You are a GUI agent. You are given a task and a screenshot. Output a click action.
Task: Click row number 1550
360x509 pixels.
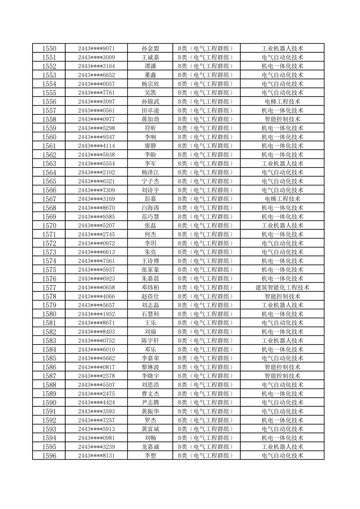point(49,49)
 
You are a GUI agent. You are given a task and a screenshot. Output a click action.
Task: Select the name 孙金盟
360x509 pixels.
point(150,49)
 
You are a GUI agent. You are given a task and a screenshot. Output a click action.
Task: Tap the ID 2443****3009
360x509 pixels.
point(96,58)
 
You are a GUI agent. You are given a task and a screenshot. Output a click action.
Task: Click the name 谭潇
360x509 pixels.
point(150,66)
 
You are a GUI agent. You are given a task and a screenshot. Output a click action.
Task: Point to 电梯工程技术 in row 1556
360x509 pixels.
point(282,102)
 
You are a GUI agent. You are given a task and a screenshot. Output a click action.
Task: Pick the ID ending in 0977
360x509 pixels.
point(96,119)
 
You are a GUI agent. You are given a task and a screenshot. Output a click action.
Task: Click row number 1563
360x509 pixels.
point(49,164)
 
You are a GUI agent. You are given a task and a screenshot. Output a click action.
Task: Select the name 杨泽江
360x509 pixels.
point(150,172)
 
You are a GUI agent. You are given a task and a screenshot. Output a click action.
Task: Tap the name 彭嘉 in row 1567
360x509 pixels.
point(150,199)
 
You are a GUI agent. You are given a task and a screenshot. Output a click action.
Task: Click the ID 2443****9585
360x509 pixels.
point(96,217)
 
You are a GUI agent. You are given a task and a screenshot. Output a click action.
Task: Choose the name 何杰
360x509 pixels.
point(150,235)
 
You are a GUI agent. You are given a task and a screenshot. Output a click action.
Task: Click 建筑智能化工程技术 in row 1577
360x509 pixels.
point(282,288)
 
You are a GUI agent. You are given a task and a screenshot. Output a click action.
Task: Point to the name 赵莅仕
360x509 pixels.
point(150,296)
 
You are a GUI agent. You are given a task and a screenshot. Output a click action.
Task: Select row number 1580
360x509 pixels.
point(49,314)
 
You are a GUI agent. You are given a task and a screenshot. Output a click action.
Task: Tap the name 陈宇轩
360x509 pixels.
point(150,341)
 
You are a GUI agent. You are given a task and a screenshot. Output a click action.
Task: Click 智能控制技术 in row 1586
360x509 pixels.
point(282,367)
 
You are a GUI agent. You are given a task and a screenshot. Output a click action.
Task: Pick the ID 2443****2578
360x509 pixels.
point(96,376)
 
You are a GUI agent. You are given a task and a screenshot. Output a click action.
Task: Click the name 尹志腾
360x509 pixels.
point(150,403)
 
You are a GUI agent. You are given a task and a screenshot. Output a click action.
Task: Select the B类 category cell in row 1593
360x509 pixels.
point(206,429)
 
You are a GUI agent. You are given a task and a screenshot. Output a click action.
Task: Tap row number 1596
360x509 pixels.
point(49,456)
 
